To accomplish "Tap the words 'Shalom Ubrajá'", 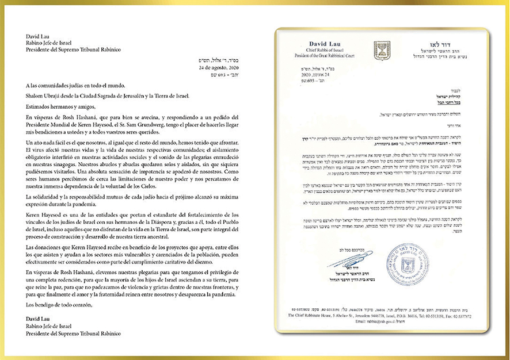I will [41, 95].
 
